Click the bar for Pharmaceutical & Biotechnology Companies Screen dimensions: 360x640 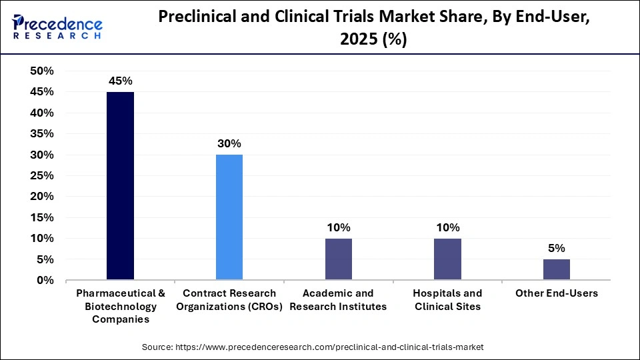pos(120,186)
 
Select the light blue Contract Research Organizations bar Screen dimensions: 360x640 pos(229,217)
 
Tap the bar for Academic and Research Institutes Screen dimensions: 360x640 pos(339,259)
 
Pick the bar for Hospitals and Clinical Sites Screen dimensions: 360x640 pos(447,259)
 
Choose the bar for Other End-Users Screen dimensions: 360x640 pos(556,269)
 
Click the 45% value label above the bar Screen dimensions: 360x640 pos(120,81)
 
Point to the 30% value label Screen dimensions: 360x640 pos(229,143)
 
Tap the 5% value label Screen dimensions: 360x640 pos(556,248)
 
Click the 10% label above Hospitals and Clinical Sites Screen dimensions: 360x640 pos(447,227)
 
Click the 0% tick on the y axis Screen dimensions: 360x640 pos(45,281)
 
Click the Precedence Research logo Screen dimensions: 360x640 pos(57,26)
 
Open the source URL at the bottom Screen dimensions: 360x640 pos(313,347)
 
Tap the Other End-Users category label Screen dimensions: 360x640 pos(556,293)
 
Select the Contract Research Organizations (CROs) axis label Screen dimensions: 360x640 pos(229,300)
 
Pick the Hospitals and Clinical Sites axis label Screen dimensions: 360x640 pos(447,300)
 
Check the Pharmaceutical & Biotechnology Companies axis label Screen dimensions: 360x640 pos(120,306)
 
